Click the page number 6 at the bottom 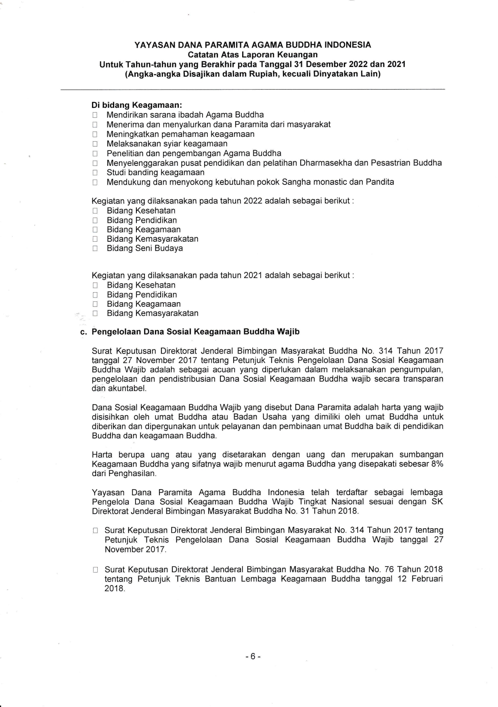[x=253, y=657]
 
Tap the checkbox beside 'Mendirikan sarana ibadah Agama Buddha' [x=95, y=115]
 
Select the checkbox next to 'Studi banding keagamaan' [x=95, y=173]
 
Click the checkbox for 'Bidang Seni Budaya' [x=95, y=249]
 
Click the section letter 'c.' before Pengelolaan [x=84, y=332]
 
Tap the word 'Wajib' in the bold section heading [x=288, y=332]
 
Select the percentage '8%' [x=437, y=464]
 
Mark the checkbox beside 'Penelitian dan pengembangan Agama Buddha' [x=95, y=154]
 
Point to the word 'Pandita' [x=380, y=182]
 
